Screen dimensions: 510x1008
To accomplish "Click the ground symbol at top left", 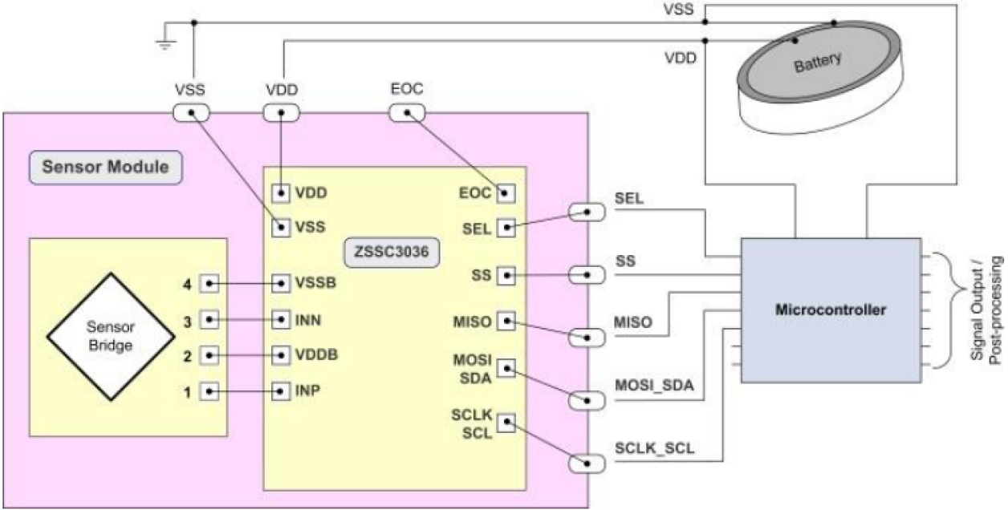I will (x=165, y=42).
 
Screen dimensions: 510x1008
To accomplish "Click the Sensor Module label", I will (x=106, y=168).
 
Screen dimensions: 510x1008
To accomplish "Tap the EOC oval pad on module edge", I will (x=406, y=113).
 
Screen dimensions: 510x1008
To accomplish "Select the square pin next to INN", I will (x=281, y=319).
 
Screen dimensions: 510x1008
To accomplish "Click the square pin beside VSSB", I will (x=281, y=283).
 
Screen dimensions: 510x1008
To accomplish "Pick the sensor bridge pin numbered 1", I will (x=208, y=391).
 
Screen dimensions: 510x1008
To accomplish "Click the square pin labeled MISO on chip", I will (x=506, y=322).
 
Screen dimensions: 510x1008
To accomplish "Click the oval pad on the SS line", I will (x=586, y=275).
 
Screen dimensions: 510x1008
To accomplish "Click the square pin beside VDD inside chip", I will (x=281, y=193).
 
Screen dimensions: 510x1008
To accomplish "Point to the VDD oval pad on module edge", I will (x=282, y=113).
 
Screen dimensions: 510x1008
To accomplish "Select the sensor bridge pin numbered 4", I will (x=208, y=283).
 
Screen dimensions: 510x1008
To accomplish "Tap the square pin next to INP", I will (x=281, y=391).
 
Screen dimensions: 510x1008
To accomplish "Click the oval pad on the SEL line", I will (x=586, y=212).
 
